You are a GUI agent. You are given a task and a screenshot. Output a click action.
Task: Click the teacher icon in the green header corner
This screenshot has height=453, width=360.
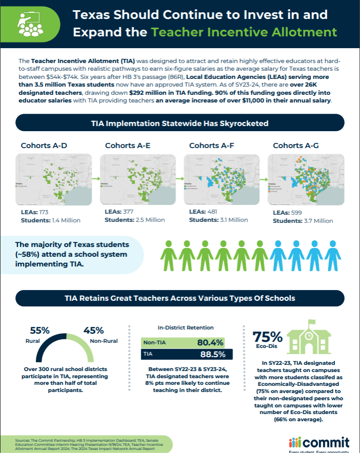(27, 22)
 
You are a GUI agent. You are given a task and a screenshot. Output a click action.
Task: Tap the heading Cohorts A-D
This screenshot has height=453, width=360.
(44, 146)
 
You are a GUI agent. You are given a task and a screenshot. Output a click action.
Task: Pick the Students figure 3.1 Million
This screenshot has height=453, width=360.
(230, 220)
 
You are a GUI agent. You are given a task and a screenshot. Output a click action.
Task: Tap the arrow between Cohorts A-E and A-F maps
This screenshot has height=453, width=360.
(179, 179)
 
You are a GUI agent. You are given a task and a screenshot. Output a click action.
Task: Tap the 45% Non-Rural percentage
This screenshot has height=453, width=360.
(94, 331)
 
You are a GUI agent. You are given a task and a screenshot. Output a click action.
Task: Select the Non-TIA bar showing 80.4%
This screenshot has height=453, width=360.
(186, 342)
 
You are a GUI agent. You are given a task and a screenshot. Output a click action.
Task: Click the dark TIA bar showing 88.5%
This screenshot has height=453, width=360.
(186, 354)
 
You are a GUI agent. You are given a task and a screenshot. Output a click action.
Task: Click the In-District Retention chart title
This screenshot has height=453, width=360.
(186, 327)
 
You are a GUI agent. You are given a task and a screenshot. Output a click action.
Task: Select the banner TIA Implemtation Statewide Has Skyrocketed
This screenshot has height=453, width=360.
(180, 123)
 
